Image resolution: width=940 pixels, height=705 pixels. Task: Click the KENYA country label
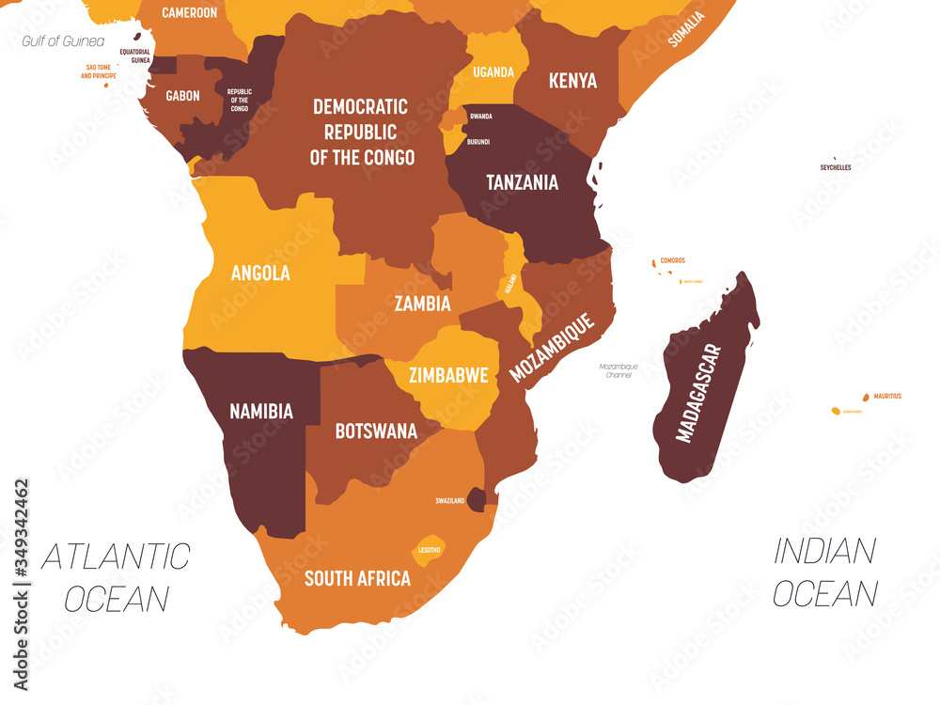[x=572, y=81]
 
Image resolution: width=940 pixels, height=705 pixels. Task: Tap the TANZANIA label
[x=522, y=182]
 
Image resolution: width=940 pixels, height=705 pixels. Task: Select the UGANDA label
[x=493, y=72]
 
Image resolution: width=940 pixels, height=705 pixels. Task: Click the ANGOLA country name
[x=260, y=274]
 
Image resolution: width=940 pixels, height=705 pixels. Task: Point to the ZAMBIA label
[x=422, y=304]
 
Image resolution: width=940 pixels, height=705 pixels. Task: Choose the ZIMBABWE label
[x=448, y=376]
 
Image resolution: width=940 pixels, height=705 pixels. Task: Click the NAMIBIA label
[x=261, y=411]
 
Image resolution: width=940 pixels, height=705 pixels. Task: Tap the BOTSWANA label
[x=376, y=431]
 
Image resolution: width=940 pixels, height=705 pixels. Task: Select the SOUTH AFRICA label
[x=357, y=578]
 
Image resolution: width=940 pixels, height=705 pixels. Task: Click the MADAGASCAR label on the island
[x=699, y=394]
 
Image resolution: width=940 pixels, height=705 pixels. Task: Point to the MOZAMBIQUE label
[x=553, y=349]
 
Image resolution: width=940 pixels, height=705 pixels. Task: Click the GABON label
[x=181, y=96]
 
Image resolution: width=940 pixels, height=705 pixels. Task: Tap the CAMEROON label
[x=189, y=13]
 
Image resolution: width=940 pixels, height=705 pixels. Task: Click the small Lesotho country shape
[x=428, y=550]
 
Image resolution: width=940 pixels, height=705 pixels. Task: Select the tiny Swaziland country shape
[x=478, y=500]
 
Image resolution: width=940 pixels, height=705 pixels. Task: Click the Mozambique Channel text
[x=619, y=370]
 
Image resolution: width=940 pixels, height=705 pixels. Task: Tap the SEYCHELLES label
[x=836, y=167]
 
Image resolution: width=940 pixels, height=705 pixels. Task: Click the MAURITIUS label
[x=886, y=397]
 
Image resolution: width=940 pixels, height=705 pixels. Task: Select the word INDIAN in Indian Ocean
[x=824, y=552]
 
